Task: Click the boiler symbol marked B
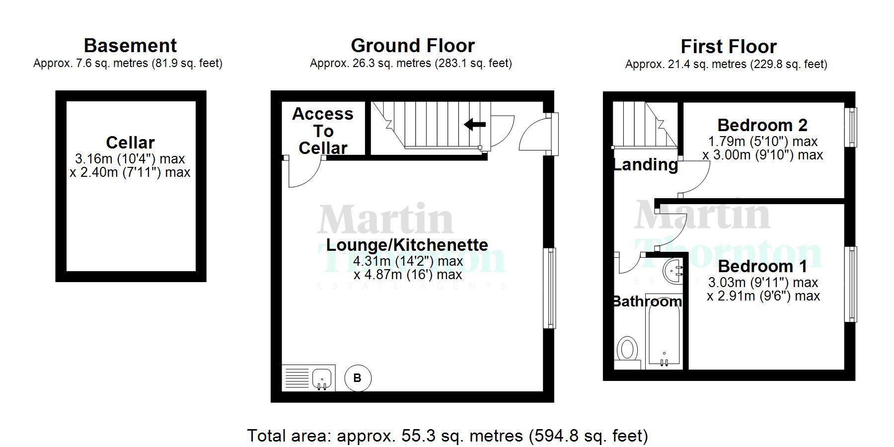(357, 378)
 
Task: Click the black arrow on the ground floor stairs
(475, 124)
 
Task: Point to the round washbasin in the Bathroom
(674, 271)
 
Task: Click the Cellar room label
(130, 143)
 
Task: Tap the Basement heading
(130, 46)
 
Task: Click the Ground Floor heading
(412, 46)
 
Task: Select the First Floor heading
(728, 47)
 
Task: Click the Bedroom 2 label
(762, 125)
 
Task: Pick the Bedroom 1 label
(762, 267)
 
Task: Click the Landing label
(645, 164)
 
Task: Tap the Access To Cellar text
(323, 131)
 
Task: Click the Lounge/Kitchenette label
(407, 245)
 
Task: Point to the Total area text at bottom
(447, 436)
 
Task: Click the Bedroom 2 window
(851, 127)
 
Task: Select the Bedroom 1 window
(851, 284)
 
